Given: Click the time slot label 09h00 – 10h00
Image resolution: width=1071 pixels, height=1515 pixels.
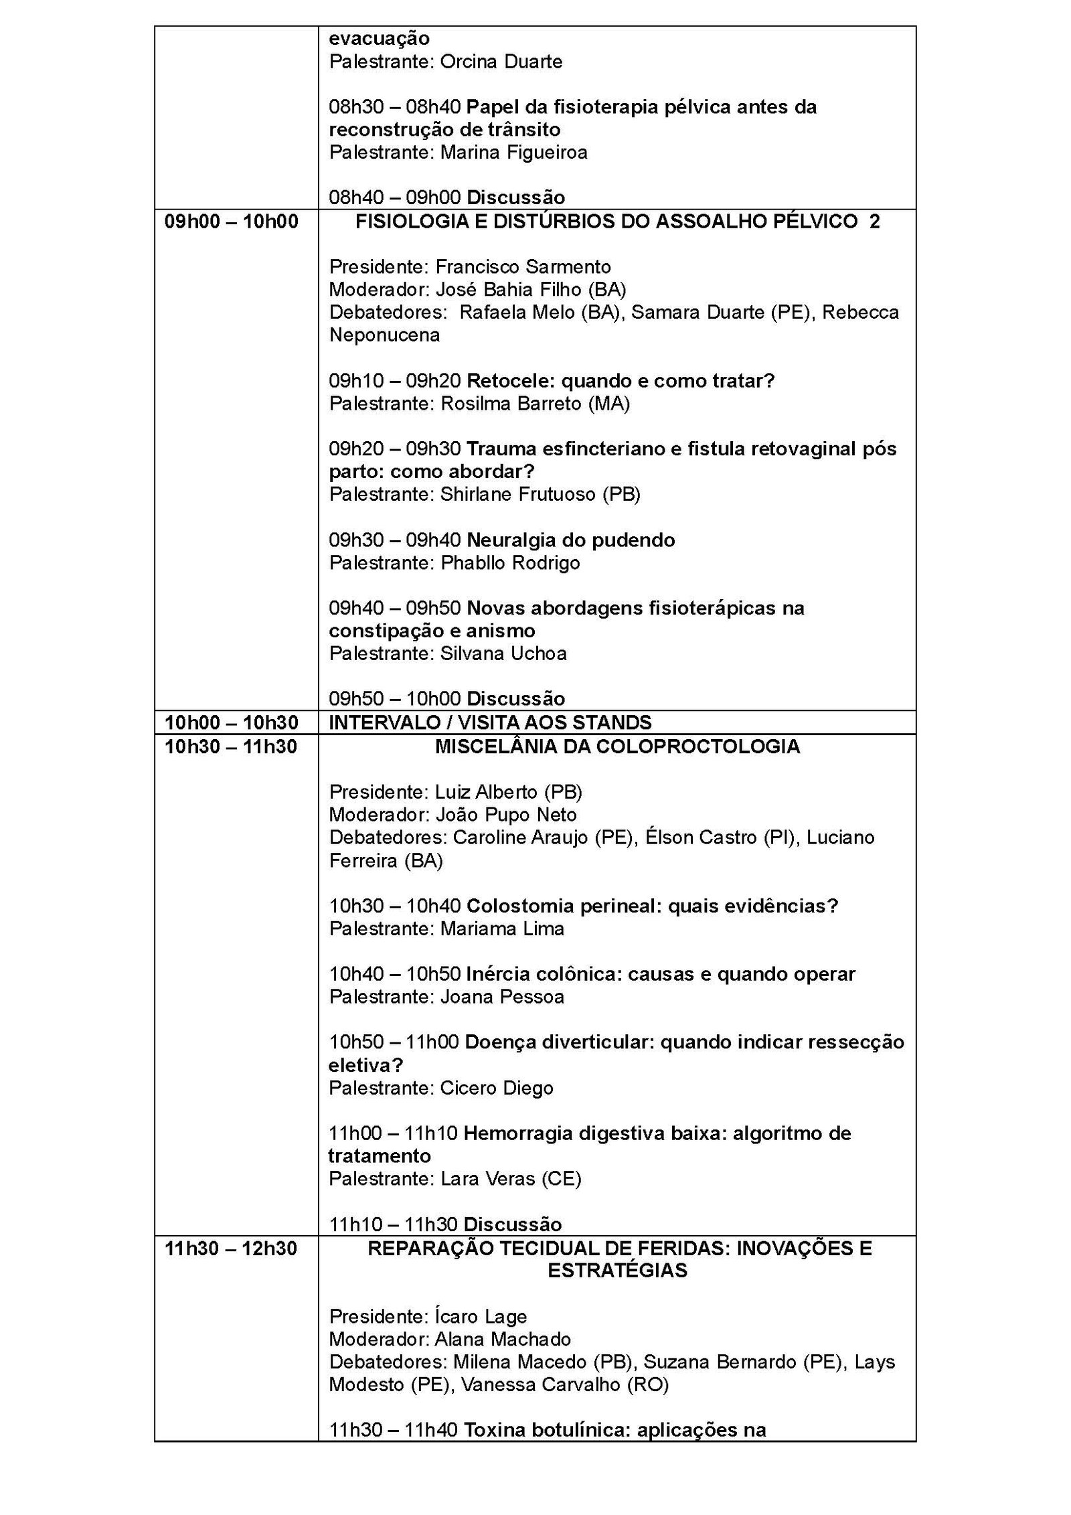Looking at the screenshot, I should (x=232, y=222).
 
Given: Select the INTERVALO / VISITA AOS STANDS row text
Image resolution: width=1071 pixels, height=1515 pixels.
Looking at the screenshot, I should (x=490, y=722).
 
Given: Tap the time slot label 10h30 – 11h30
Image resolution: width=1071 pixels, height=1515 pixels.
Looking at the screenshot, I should (x=232, y=746).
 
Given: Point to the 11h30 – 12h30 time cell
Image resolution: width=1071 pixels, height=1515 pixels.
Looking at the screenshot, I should (x=232, y=1249).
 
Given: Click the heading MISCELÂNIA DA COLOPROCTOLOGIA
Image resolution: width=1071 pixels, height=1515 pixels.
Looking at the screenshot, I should (x=617, y=746).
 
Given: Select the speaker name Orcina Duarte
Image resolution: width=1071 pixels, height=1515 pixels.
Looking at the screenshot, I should (x=501, y=62).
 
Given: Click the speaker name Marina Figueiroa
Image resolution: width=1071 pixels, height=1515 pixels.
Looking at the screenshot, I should (x=513, y=152).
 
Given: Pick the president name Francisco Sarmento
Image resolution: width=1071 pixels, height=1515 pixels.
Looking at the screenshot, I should (x=523, y=267).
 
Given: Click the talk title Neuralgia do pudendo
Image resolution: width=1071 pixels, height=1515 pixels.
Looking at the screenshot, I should (x=570, y=540).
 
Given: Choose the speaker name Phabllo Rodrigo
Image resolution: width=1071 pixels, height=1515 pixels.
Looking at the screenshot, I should (x=510, y=562).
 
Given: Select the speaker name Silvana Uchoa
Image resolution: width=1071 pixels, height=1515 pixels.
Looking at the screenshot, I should (x=503, y=653).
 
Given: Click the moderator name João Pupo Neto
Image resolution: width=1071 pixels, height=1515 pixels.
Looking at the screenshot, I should (x=505, y=815).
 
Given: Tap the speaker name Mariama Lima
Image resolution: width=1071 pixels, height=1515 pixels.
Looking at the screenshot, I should (x=502, y=929).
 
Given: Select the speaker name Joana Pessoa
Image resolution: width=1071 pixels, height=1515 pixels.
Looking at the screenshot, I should (x=502, y=997).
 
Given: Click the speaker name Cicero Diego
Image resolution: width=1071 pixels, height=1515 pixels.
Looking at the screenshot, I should (x=497, y=1088).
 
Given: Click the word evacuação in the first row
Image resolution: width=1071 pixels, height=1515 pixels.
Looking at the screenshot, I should (x=379, y=39).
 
